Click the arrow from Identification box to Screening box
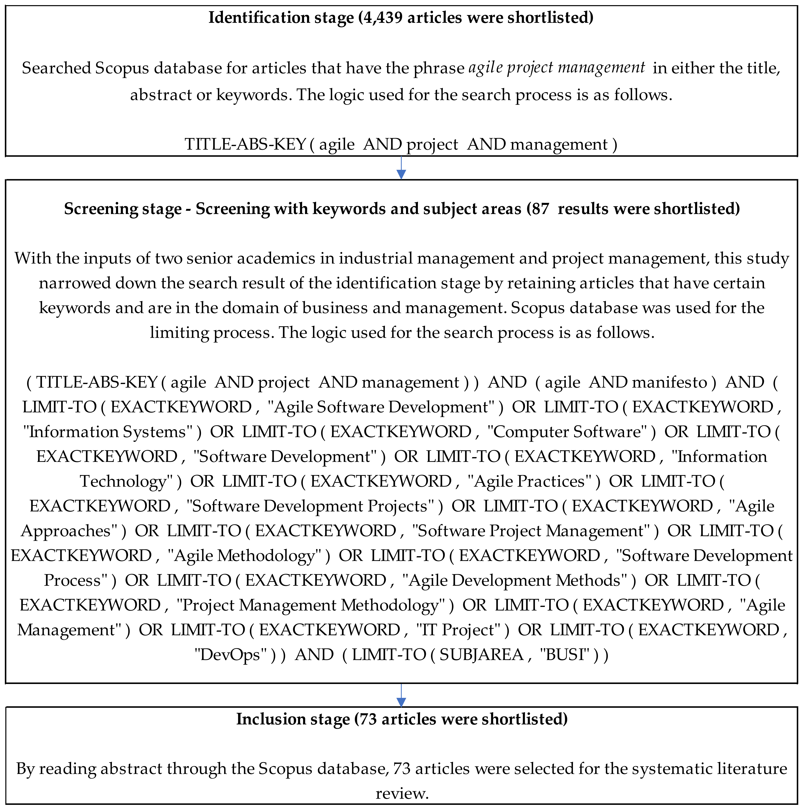pyautogui.click(x=401, y=168)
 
